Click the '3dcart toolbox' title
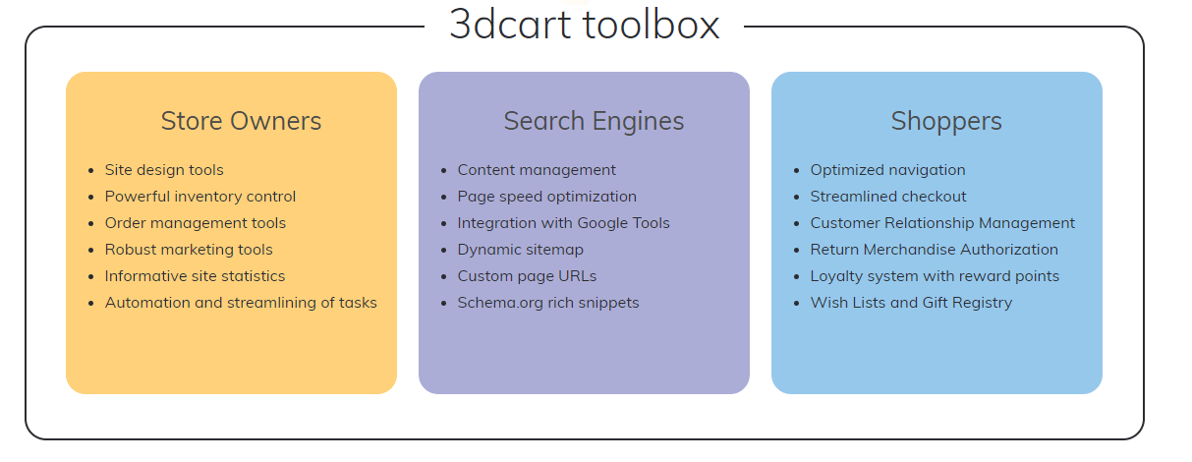pyautogui.click(x=584, y=25)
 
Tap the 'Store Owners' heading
pyautogui.click(x=241, y=121)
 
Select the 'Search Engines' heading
pyautogui.click(x=594, y=121)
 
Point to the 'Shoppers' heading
pyautogui.click(x=946, y=121)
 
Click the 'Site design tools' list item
pyautogui.click(x=164, y=170)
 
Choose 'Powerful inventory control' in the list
pyautogui.click(x=200, y=197)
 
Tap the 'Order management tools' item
pyautogui.click(x=196, y=223)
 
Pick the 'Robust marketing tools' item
pyautogui.click(x=189, y=250)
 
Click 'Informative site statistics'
pyautogui.click(x=195, y=276)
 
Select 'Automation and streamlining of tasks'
pyautogui.click(x=241, y=303)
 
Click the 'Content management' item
pyautogui.click(x=537, y=170)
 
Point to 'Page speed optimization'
pyautogui.click(x=546, y=197)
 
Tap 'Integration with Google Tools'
pyautogui.click(x=563, y=223)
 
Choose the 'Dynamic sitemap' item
pyautogui.click(x=520, y=250)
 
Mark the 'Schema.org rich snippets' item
pyautogui.click(x=548, y=303)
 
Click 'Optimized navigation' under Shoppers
pyautogui.click(x=887, y=170)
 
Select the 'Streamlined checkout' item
pyautogui.click(x=888, y=197)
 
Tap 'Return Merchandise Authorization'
pyautogui.click(x=934, y=250)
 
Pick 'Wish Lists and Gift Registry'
pyautogui.click(x=911, y=303)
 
